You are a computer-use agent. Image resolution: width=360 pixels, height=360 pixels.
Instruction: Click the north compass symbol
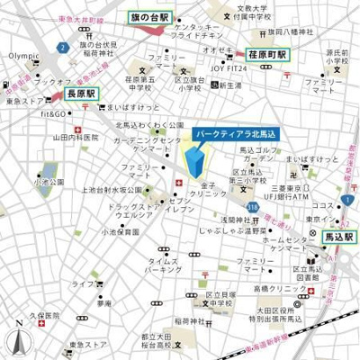[x=15, y=339]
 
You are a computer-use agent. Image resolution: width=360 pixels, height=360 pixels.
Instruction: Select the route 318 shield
[x=246, y=206]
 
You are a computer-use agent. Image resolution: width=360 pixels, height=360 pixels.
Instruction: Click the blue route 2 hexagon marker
[x=61, y=45]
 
